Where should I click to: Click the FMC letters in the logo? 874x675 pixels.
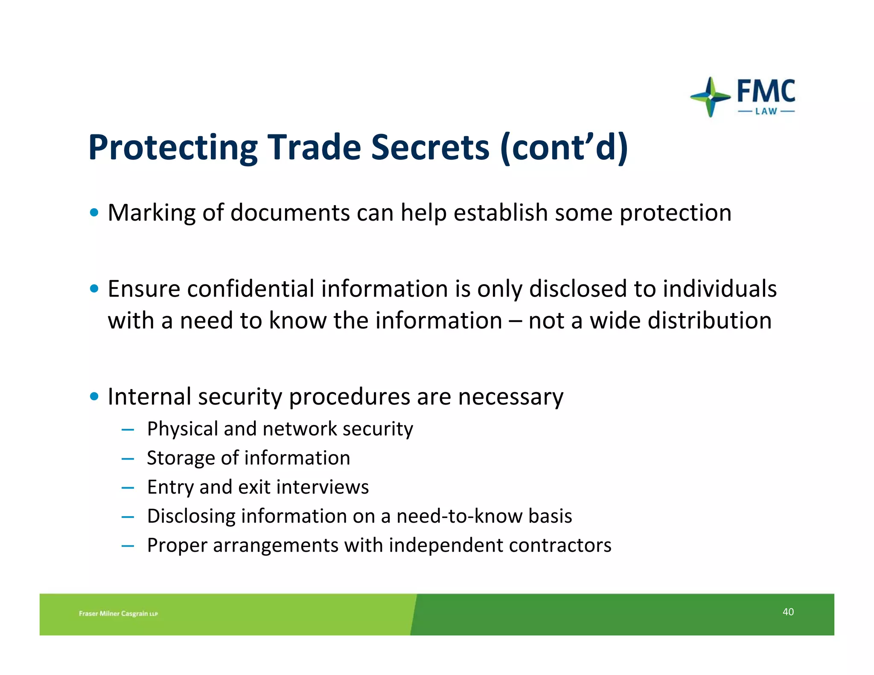[766, 91]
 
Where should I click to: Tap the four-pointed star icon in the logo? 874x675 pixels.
[710, 97]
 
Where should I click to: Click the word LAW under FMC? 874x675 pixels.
[766, 112]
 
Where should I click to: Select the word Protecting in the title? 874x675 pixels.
[173, 148]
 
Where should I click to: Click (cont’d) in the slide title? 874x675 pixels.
[564, 148]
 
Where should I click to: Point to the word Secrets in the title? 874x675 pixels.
[430, 148]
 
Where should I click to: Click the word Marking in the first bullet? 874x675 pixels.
[151, 213]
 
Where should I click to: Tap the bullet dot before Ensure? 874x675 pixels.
[94, 289]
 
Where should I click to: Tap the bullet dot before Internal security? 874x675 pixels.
[94, 396]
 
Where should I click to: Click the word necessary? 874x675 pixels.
[510, 397]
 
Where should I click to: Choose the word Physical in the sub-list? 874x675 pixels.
[182, 429]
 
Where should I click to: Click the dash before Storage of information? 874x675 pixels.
[128, 459]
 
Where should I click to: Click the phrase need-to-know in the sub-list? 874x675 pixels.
[459, 516]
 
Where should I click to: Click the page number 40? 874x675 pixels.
[788, 612]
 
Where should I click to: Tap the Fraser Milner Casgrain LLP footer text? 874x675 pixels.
[118, 614]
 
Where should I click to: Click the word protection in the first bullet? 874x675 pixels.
[675, 213]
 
